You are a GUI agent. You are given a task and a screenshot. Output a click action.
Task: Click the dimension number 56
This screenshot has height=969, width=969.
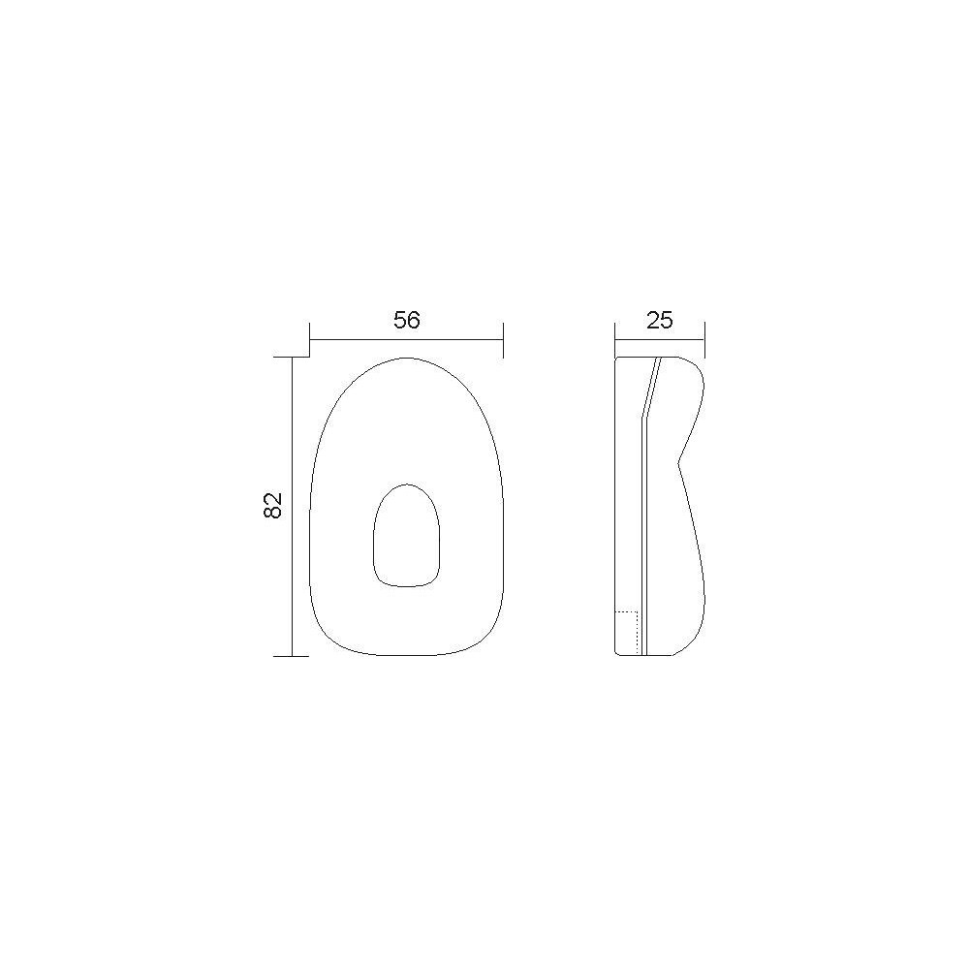407,320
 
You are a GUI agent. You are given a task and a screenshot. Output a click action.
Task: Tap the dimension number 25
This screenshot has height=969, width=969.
659,320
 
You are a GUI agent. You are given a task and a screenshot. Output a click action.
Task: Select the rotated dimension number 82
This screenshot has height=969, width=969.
272,505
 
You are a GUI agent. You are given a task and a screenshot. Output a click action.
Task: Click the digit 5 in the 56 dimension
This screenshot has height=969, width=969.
400,320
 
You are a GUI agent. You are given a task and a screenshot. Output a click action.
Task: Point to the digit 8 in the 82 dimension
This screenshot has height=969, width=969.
272,512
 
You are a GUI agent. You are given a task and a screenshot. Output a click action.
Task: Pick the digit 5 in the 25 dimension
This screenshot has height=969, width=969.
667,320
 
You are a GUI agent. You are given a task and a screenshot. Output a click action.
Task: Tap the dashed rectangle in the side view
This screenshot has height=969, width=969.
627,633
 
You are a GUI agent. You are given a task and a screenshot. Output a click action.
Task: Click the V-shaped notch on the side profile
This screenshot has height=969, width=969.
679,461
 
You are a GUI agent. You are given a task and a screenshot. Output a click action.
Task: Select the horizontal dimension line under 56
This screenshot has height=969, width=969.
407,339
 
